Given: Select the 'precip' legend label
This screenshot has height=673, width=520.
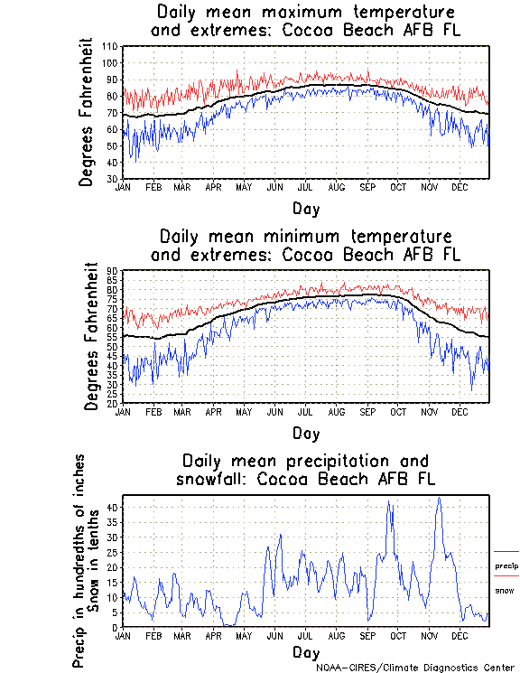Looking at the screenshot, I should pyautogui.click(x=506, y=566).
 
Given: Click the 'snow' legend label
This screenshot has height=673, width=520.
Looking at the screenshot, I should pyautogui.click(x=505, y=590).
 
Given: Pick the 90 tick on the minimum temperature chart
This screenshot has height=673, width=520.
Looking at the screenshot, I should pyautogui.click(x=114, y=271).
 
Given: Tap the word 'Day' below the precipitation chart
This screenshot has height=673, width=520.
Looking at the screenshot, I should pyautogui.click(x=305, y=651).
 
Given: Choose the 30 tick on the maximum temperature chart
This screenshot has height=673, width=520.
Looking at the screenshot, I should pyautogui.click(x=112, y=179).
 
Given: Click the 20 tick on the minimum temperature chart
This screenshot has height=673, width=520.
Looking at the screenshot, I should pyautogui.click(x=114, y=403).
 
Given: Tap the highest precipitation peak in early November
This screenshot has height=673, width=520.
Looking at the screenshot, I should pyautogui.click(x=439, y=498).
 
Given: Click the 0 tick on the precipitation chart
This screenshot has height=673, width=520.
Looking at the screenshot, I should pyautogui.click(x=116, y=627).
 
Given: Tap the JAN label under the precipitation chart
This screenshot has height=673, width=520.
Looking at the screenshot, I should pyautogui.click(x=125, y=635).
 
